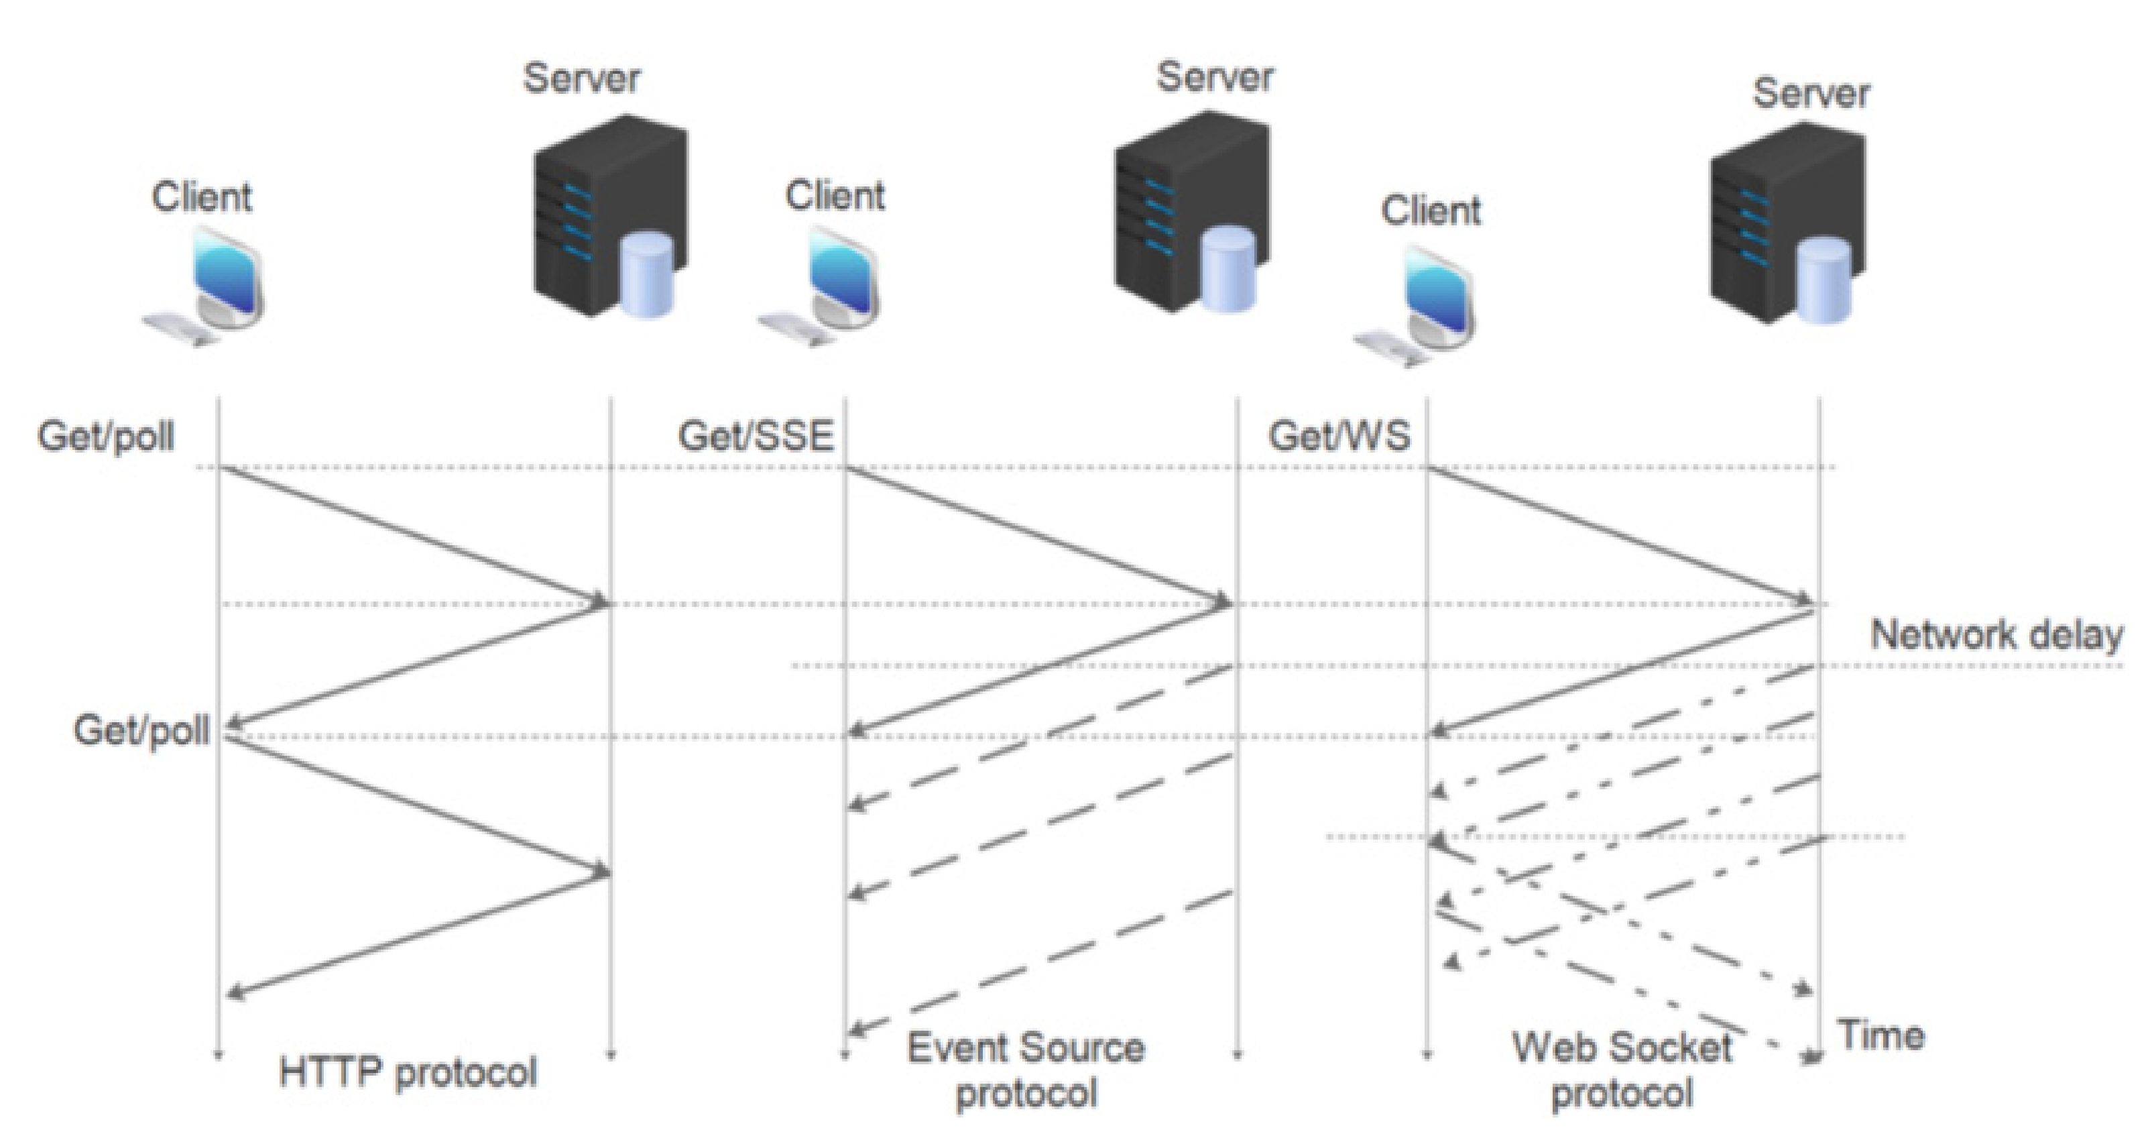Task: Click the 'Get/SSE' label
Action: [756, 436]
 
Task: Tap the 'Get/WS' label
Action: [1339, 436]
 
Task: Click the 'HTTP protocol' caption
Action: [408, 1072]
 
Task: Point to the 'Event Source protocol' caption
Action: [1026, 1070]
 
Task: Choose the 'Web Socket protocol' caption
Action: [1622, 1070]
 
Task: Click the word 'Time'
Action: [1882, 1036]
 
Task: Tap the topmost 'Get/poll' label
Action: [106, 436]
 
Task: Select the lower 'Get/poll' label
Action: [142, 730]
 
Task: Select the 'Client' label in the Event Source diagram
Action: [835, 196]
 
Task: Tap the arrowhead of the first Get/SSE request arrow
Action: [1223, 600]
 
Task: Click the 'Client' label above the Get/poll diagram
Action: [201, 197]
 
